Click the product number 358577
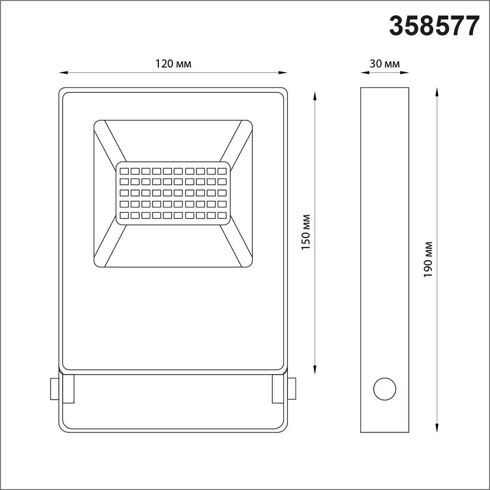434,26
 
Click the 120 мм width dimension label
173,64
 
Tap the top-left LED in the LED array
124,171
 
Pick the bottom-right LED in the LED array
222,216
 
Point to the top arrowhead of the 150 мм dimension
315,95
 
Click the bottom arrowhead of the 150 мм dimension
315,369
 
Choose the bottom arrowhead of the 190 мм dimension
437,428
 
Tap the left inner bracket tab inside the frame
69,389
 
